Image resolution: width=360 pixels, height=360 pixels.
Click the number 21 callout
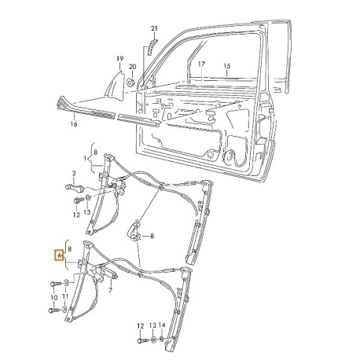click(154, 29)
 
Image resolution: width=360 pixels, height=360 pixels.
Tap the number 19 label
click(119, 59)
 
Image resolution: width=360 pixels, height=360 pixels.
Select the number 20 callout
click(133, 67)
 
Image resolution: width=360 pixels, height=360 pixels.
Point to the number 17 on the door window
click(201, 64)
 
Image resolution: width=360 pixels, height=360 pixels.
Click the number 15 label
click(227, 66)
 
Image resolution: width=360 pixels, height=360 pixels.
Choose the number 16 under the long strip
click(74, 123)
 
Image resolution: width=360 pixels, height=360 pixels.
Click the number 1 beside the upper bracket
click(85, 159)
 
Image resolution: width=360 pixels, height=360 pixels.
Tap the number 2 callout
click(74, 173)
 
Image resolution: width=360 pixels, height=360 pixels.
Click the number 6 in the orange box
click(59, 255)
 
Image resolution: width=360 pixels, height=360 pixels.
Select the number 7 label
click(110, 290)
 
